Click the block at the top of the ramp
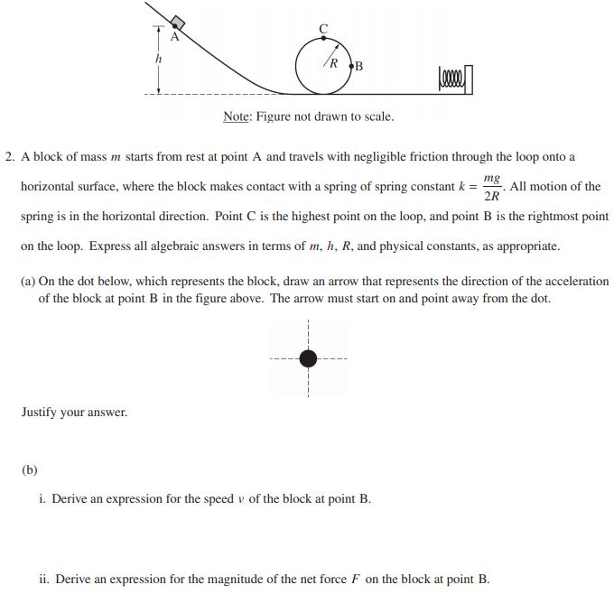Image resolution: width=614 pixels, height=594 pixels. click(x=178, y=22)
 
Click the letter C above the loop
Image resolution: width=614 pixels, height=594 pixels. click(x=323, y=28)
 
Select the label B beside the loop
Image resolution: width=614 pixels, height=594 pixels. click(x=358, y=65)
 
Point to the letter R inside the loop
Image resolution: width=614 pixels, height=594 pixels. click(x=333, y=64)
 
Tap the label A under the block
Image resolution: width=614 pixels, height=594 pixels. click(x=175, y=38)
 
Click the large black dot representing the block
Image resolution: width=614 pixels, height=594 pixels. click(x=308, y=358)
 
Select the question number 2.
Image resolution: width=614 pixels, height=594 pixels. click(x=8, y=157)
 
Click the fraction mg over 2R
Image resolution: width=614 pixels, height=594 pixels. click(x=492, y=188)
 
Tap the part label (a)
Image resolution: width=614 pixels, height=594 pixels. click(x=28, y=282)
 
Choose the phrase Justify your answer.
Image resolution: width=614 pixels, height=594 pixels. click(x=74, y=413)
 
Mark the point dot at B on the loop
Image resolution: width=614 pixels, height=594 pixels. click(x=349, y=64)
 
